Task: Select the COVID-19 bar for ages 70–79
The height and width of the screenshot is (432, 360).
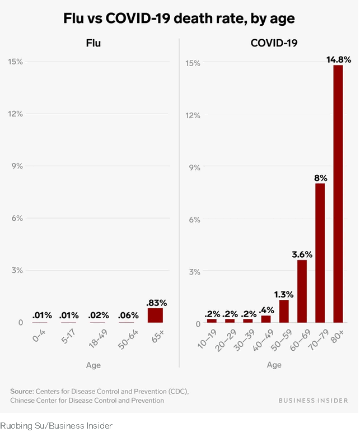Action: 320,253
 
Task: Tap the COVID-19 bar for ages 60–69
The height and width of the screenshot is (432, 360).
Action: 302,291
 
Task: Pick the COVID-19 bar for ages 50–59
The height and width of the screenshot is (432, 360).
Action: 284,312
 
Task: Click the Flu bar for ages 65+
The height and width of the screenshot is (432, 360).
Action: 155,315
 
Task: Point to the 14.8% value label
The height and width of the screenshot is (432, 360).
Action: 338,58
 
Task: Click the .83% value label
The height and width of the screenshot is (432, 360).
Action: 156,303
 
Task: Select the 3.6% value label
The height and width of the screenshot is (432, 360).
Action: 302,254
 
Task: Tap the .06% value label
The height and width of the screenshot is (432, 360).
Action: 129,315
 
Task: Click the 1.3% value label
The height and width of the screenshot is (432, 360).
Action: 283,294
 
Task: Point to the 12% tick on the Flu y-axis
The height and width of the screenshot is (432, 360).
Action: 15,114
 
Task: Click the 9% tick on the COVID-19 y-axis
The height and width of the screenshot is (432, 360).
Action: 193,167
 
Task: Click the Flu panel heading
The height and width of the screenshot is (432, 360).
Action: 93,43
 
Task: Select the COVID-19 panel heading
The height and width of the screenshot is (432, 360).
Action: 274,43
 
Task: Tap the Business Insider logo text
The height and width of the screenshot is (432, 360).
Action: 313,401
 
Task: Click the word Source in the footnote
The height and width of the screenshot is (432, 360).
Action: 21,390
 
